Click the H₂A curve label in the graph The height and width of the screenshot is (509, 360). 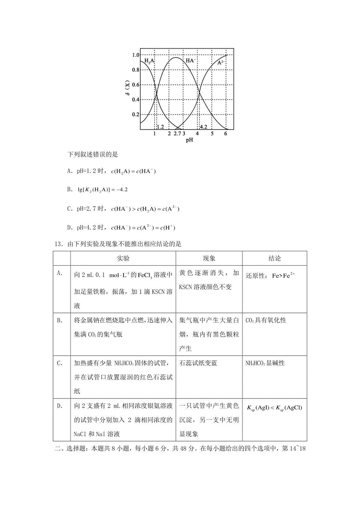tap(149, 61)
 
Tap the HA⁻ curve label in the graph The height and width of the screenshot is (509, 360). tap(191, 61)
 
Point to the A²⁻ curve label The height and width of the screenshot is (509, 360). tap(221, 62)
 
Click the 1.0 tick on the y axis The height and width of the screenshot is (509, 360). tap(136, 55)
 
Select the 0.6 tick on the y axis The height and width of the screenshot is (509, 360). tap(136, 85)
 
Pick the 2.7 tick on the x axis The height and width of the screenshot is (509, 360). tap(177, 134)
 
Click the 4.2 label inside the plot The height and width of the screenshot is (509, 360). tap(203, 127)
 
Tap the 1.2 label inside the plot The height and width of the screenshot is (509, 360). tap(160, 127)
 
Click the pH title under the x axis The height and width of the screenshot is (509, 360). tap(189, 140)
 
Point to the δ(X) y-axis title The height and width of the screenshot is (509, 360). tap(128, 89)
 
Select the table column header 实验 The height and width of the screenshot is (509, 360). tap(123, 258)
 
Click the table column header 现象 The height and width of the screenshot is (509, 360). tap(209, 258)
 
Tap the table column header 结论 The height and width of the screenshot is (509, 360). tap(274, 258)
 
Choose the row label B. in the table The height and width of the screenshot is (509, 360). tap(60, 320)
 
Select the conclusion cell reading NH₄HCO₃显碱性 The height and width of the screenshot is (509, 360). tap(265, 363)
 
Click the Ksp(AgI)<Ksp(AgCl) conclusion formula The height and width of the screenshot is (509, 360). tap(274, 408)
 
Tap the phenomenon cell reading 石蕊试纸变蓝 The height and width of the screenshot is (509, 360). tap(198, 363)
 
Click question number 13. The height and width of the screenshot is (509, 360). tap(58, 244)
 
